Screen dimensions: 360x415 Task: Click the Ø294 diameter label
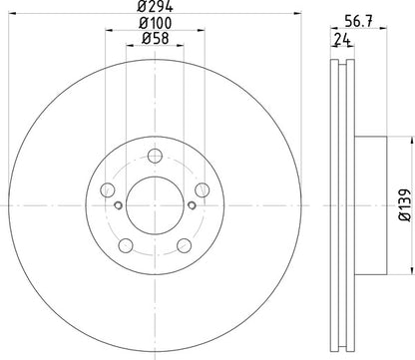pyautogui.click(x=153, y=8)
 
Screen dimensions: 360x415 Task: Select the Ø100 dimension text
pyautogui.click(x=153, y=23)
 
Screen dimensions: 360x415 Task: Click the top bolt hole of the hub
pyautogui.click(x=154, y=155)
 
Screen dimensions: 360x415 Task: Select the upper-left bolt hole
pyautogui.click(x=106, y=189)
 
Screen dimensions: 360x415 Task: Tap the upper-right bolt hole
pyautogui.click(x=202, y=189)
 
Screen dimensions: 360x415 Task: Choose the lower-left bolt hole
pyautogui.click(x=124, y=246)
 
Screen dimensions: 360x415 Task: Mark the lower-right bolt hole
pyautogui.click(x=184, y=246)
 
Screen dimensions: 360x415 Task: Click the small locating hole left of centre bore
pyautogui.click(x=118, y=206)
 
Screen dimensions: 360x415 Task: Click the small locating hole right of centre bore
pyautogui.click(x=190, y=206)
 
